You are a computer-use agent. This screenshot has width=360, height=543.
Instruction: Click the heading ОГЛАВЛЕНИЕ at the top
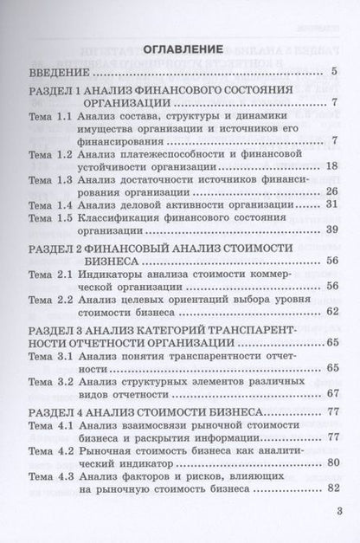click(181, 48)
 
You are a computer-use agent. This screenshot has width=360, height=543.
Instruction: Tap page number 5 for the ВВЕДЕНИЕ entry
click(334, 72)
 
